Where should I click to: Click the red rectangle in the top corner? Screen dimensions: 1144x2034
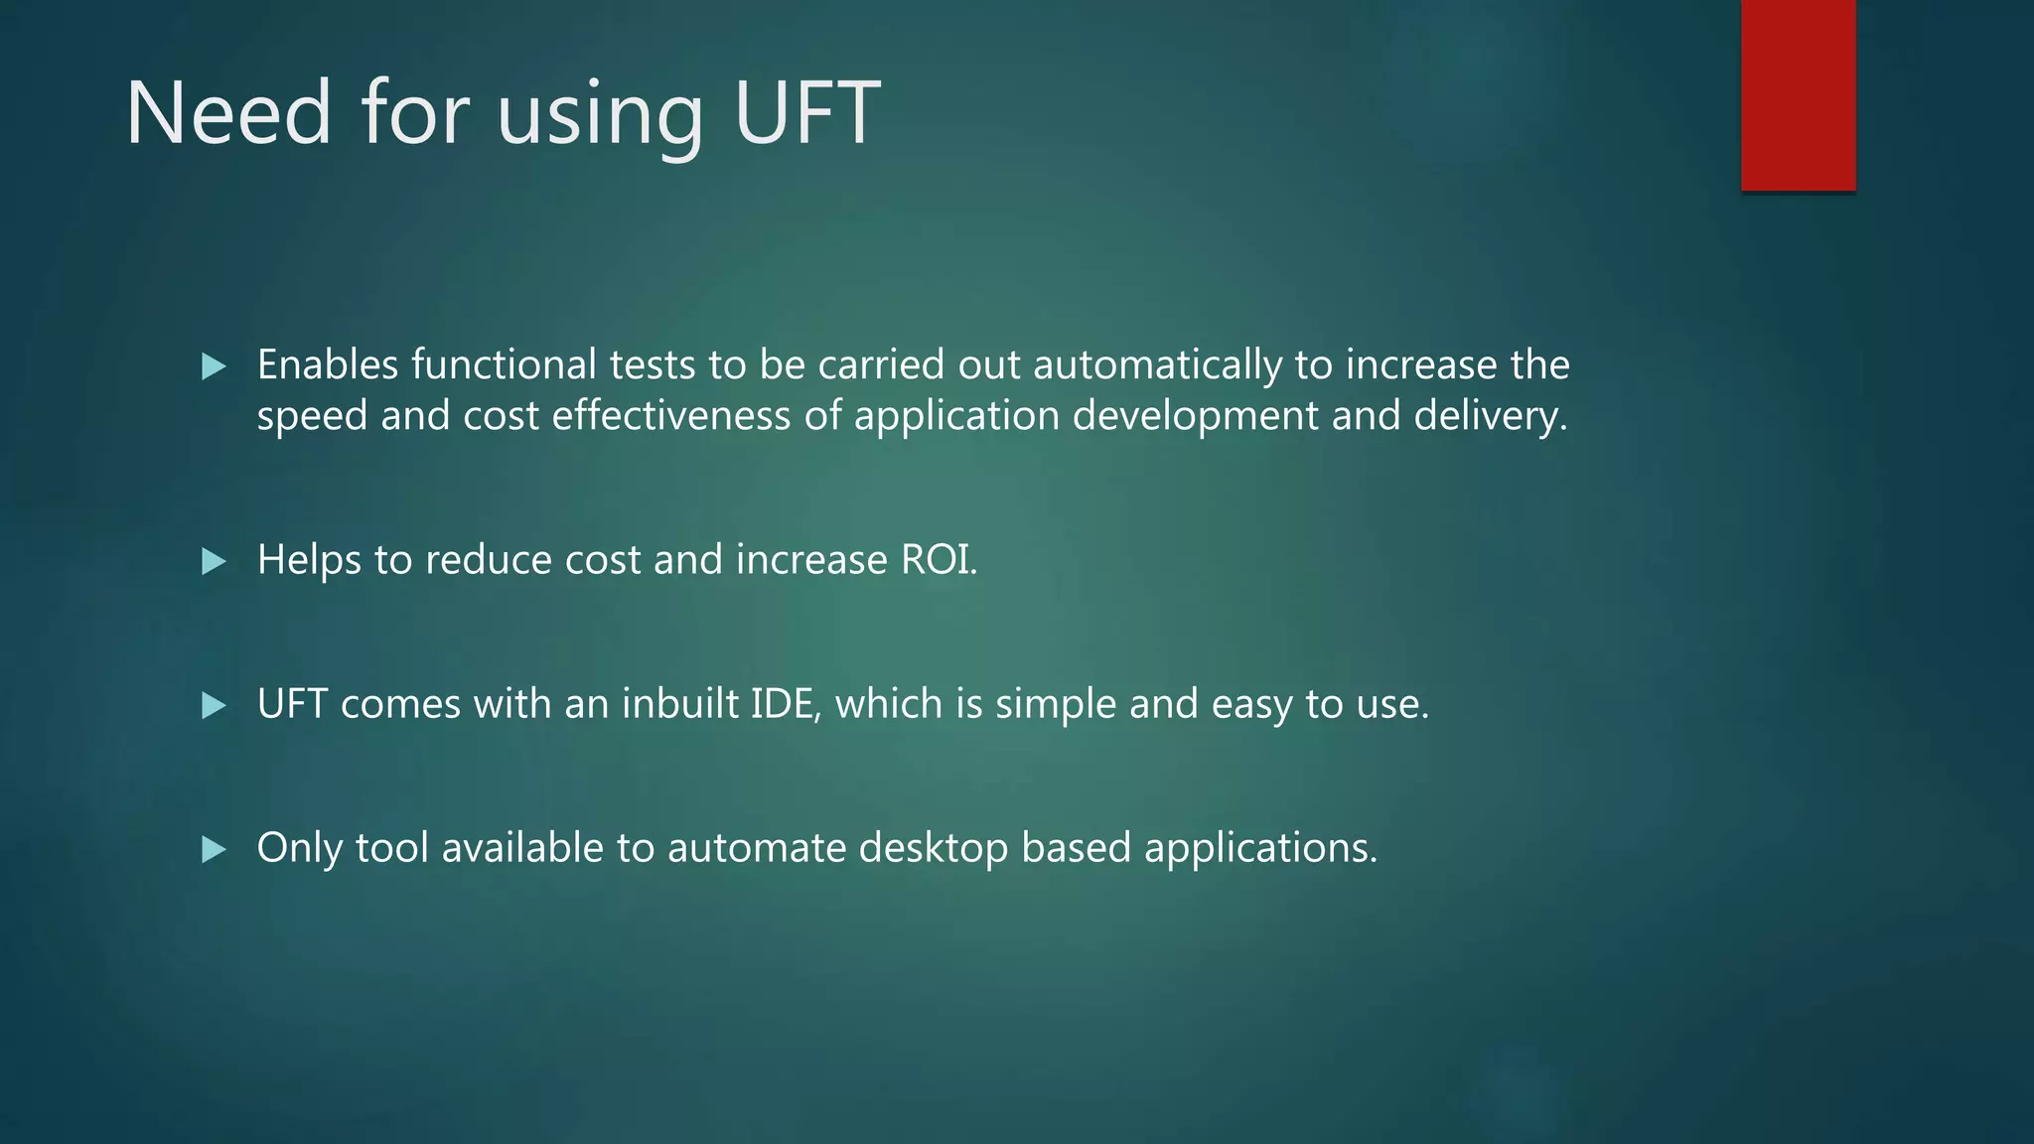pyautogui.click(x=1798, y=94)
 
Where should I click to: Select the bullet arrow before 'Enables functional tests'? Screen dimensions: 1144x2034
pyautogui.click(x=214, y=367)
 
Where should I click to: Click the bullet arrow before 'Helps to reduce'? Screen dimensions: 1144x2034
pyautogui.click(x=214, y=562)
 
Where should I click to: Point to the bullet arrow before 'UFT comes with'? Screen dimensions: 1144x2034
pyautogui.click(x=214, y=706)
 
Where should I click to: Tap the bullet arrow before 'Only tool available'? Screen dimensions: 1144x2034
pyautogui.click(x=214, y=850)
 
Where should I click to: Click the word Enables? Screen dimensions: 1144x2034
pyautogui.click(x=328, y=364)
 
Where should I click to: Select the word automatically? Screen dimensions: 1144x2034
pyautogui.click(x=1157, y=366)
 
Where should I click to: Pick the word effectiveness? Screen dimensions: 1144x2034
pyautogui.click(x=671, y=415)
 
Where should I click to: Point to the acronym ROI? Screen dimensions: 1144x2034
pyautogui.click(x=938, y=560)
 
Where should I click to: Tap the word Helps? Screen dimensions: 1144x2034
pyautogui.click(x=309, y=561)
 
